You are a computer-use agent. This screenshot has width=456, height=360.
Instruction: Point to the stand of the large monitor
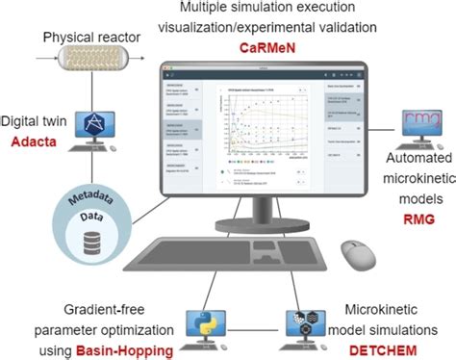pos(253,212)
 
